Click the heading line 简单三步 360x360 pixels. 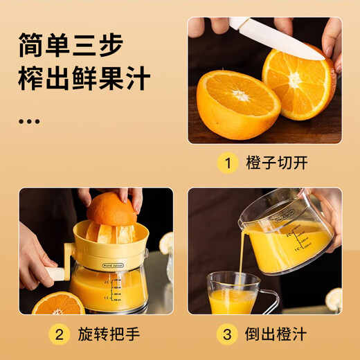(71, 46)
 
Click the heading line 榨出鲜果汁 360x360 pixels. (84, 80)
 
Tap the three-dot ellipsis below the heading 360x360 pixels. (29, 121)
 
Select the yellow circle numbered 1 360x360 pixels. (226, 164)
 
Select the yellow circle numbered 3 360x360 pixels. (226, 335)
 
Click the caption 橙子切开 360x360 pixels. (277, 164)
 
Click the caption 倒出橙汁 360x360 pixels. (277, 335)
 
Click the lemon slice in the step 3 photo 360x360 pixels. (334, 299)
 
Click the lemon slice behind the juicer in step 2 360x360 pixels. (166, 243)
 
